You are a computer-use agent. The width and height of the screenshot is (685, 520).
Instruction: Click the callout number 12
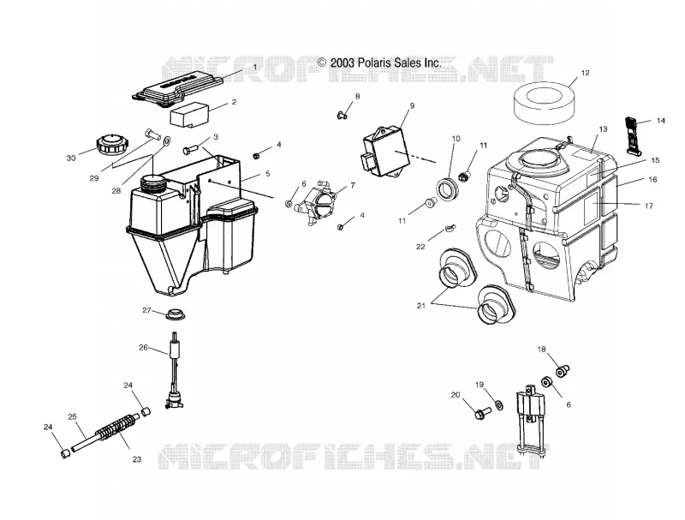pyautogui.click(x=586, y=73)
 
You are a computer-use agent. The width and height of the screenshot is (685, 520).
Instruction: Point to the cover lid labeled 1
pyautogui.click(x=177, y=87)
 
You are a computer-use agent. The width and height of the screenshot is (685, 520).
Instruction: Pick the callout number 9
pyautogui.click(x=412, y=105)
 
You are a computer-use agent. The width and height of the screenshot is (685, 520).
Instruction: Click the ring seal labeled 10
pyautogui.click(x=447, y=189)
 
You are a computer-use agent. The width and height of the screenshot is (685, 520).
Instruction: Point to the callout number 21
pyautogui.click(x=420, y=306)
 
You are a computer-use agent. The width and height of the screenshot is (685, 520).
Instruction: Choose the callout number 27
pyautogui.click(x=146, y=310)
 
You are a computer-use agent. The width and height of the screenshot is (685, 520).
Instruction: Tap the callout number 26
pyautogui.click(x=143, y=348)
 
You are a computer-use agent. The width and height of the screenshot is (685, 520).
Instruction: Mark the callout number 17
pyautogui.click(x=649, y=206)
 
